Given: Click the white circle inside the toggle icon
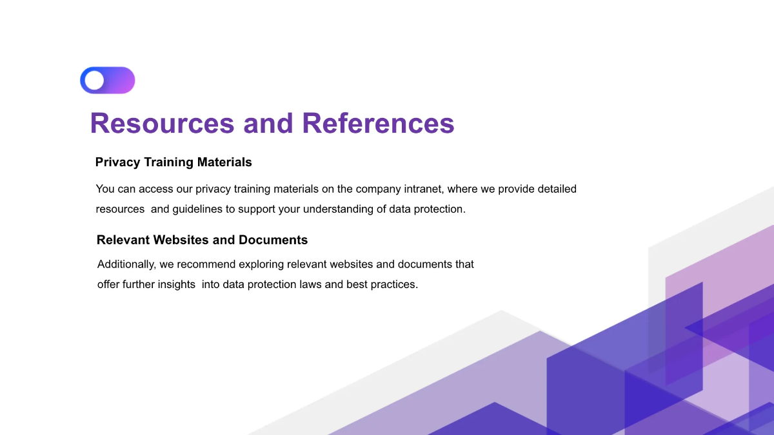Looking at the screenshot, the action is tap(94, 81).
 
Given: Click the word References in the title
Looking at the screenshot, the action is tap(378, 123).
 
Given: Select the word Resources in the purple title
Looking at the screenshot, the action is tap(163, 123).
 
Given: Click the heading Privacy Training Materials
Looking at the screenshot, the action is tap(174, 162).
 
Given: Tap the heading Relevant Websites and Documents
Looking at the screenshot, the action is tap(202, 240).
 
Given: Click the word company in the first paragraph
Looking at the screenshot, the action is tap(379, 189).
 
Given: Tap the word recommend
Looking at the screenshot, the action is tap(206, 264).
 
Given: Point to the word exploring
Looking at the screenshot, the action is tap(261, 264).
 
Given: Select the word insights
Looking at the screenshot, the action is tap(177, 284).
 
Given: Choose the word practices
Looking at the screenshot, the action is tap(394, 284).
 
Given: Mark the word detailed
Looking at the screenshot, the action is tap(557, 189).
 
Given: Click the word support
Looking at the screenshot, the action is tap(257, 209).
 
